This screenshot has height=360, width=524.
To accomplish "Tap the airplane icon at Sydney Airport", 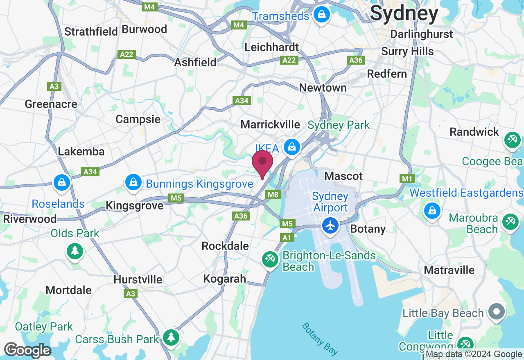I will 330,225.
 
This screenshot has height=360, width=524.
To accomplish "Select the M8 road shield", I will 273,195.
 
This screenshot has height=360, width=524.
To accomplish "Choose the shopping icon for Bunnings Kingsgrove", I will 133,182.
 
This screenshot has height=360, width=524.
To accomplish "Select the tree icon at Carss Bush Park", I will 171,338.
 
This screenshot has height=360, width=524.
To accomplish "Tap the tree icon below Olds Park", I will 75,251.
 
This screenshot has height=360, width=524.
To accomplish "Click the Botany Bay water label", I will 320,338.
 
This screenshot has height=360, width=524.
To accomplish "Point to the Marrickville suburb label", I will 270,124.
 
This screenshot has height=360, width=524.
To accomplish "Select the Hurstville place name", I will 138,279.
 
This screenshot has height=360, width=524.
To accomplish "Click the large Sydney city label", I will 404,13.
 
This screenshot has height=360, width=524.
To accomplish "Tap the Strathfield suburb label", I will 91,32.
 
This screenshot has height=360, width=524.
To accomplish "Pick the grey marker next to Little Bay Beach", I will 497,312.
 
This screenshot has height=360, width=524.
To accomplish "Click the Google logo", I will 27,351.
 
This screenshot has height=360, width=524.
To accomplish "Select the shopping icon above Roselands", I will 62,182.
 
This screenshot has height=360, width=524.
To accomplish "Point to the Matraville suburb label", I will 449,270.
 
